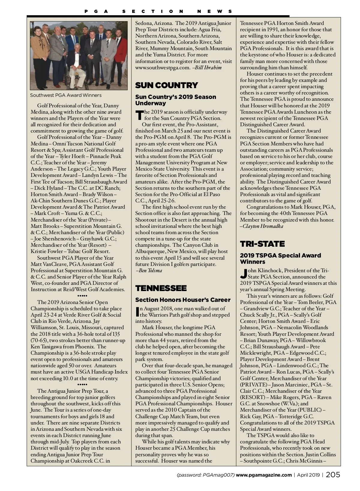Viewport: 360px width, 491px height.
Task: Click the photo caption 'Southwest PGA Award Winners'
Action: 66,95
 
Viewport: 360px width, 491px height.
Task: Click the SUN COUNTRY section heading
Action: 166,85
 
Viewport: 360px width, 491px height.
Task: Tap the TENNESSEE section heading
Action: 161,288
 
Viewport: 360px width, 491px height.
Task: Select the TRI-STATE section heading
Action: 262,244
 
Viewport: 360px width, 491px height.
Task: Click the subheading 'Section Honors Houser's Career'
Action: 183,300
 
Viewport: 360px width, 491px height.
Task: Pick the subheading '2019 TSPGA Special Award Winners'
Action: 280,258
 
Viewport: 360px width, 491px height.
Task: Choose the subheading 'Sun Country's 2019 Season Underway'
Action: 175,100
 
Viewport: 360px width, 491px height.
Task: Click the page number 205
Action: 333,475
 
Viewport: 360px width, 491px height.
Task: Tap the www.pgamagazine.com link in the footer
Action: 264,475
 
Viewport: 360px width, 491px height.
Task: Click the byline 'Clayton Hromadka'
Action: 263,226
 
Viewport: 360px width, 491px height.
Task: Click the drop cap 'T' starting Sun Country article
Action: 139,115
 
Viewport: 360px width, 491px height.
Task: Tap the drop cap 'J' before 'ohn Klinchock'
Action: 244,273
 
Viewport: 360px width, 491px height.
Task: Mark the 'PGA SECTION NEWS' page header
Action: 158,11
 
